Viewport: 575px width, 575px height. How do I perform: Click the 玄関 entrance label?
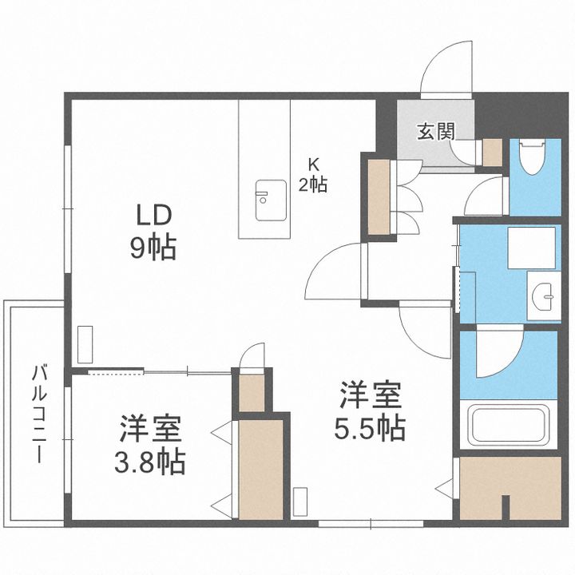[436, 132]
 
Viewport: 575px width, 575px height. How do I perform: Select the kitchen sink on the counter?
[271, 200]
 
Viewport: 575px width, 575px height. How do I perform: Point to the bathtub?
[509, 423]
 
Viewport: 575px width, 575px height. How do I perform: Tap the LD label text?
[154, 216]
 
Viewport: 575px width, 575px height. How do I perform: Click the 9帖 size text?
[153, 248]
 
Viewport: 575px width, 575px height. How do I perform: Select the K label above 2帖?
[313, 165]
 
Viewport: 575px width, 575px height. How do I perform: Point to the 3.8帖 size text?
[149, 462]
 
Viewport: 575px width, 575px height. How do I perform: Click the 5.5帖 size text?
[370, 428]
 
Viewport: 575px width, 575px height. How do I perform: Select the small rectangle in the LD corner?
[85, 344]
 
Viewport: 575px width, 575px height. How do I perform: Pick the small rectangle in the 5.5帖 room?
[300, 502]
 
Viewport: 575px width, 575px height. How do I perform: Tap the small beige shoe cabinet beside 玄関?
[492, 153]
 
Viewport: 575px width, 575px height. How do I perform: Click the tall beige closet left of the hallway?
[379, 197]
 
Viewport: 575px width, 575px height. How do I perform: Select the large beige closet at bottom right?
[510, 488]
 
